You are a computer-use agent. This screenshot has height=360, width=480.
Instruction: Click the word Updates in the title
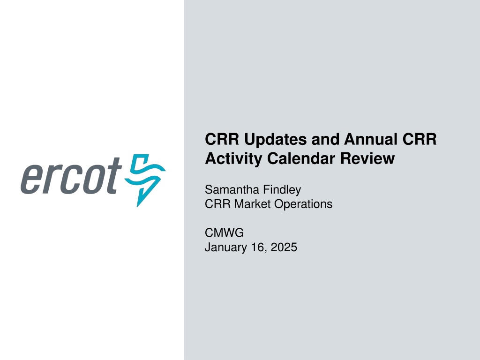coord(276,140)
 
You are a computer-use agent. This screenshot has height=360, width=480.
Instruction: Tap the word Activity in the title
coord(233,158)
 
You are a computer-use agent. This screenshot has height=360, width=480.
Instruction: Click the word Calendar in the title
coord(301,158)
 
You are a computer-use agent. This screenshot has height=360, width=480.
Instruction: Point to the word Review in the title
coord(367,158)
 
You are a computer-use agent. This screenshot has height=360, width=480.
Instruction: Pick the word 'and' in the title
coord(326,139)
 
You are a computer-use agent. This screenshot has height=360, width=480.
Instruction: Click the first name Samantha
coord(232,189)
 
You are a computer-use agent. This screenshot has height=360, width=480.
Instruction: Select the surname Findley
coord(282,190)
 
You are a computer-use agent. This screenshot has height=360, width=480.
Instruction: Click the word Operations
coord(303,204)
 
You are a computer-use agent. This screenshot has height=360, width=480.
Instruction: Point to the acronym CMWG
coord(225,233)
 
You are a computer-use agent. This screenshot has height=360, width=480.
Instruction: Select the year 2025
coord(284,247)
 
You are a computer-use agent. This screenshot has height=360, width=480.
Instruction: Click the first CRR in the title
coord(222,139)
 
